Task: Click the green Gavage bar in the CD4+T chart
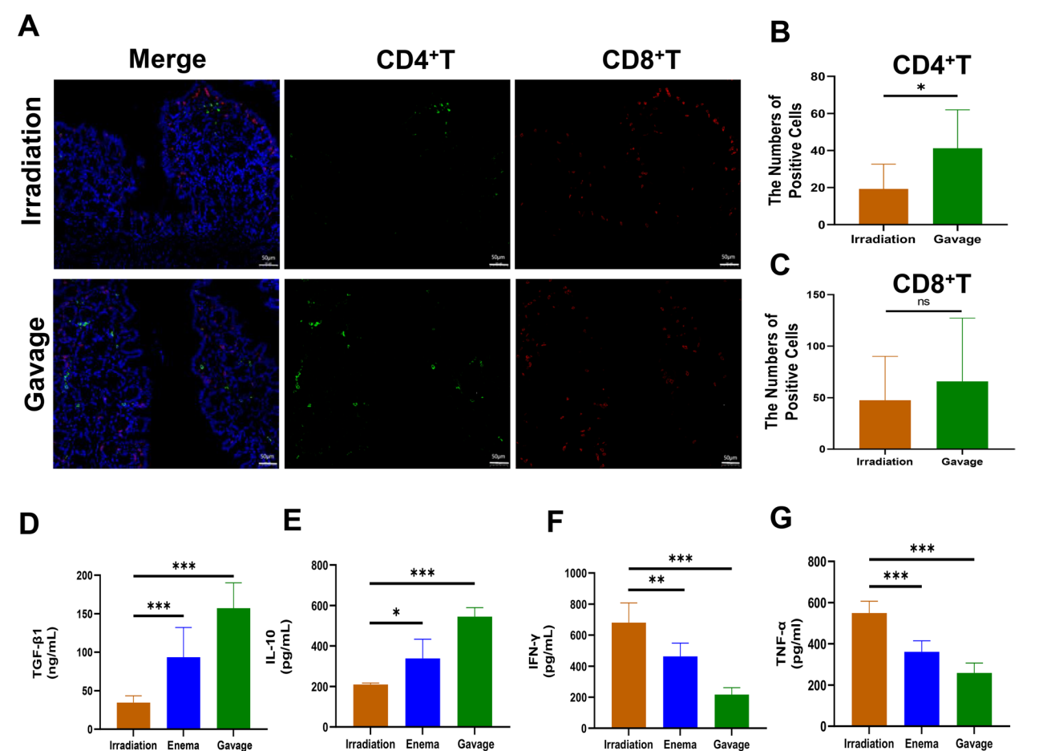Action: click(957, 186)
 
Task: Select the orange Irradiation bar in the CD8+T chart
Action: click(884, 424)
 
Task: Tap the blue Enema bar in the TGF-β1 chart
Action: click(183, 692)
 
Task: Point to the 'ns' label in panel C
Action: click(924, 302)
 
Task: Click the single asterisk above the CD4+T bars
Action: click(921, 87)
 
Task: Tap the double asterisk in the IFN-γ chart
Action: click(656, 580)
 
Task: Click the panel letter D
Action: click(29, 524)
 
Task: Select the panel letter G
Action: click(780, 518)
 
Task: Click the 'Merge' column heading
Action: click(167, 59)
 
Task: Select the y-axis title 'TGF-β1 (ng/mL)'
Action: click(46, 652)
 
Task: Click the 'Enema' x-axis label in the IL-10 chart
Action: click(422, 744)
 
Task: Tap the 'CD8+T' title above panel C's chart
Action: click(931, 284)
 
